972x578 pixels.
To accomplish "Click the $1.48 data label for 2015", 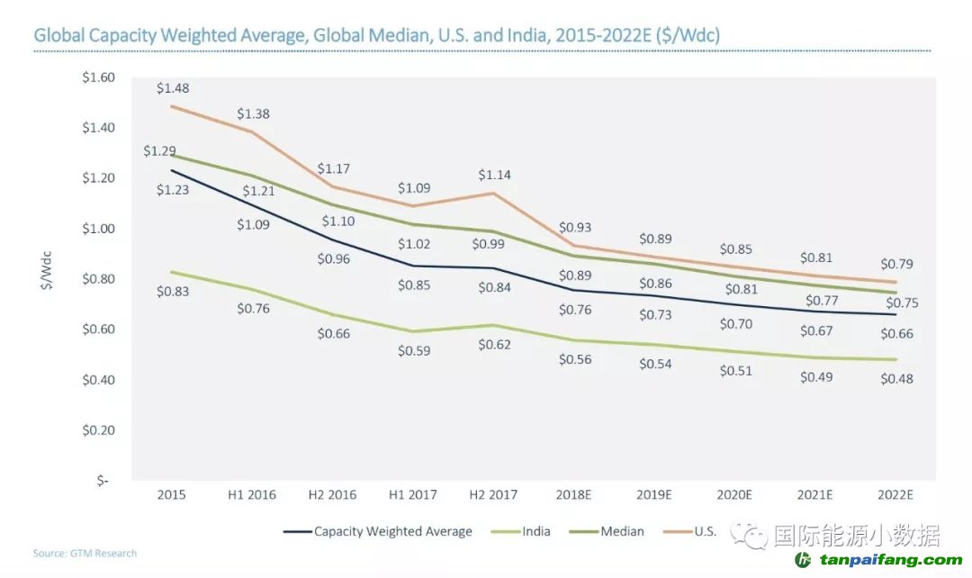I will (x=173, y=88).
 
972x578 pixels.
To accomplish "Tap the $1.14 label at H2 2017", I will (x=495, y=175).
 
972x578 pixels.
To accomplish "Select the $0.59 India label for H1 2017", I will (x=415, y=350).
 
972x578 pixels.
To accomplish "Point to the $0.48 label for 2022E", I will (x=897, y=379).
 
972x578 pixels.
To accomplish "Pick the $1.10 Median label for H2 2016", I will (x=334, y=221).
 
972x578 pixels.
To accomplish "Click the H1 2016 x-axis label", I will (x=252, y=495).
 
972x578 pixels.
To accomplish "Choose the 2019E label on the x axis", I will (x=654, y=495).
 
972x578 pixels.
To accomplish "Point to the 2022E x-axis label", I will (x=895, y=495).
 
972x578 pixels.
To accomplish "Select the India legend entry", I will (x=536, y=531).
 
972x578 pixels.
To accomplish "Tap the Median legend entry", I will (x=622, y=531).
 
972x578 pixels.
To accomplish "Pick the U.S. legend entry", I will (x=705, y=531).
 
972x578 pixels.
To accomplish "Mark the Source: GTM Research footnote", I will (x=85, y=553).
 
